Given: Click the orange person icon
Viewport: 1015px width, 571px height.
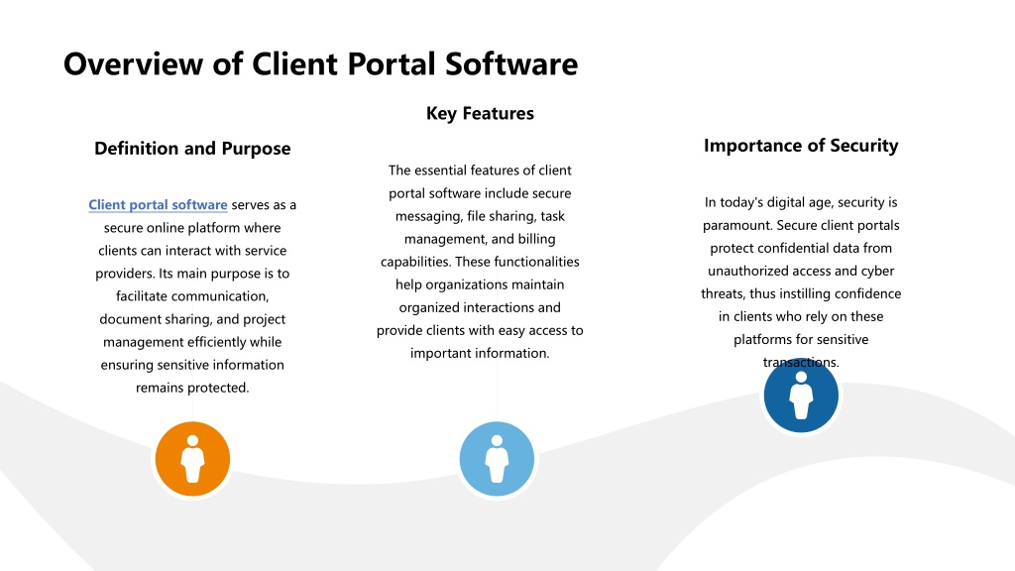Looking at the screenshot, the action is pos(192,459).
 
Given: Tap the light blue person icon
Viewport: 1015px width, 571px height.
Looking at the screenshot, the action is pos(497,459).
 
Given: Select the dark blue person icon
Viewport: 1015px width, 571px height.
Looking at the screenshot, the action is pos(801,395).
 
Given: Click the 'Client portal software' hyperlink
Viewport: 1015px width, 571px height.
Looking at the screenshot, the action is pos(158,204).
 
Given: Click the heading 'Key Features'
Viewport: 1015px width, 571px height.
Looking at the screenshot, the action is pos(480,113).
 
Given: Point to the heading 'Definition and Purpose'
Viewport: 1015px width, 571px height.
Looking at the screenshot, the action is pos(192,149).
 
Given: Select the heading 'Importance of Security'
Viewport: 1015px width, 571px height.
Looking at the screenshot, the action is pos(801,146).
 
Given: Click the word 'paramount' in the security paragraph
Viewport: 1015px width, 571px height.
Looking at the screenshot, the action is pos(736,225).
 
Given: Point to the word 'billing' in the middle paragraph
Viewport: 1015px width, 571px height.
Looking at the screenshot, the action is pos(536,239).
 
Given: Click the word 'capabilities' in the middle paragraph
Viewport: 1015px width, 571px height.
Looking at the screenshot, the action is pos(415,262).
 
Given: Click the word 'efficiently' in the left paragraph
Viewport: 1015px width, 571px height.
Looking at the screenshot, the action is pos(222,342).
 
